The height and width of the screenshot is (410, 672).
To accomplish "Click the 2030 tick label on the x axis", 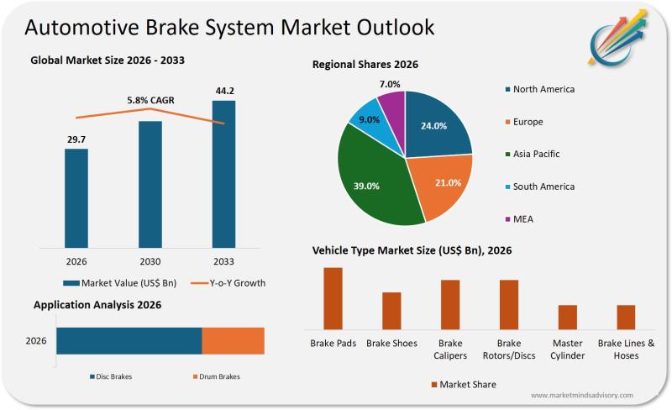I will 150,260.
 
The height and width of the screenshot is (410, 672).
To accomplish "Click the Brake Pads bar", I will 333,298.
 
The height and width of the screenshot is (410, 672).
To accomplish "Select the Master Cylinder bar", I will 568,317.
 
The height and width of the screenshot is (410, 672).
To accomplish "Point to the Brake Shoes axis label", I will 391,344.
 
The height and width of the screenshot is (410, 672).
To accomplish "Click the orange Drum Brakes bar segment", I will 233,341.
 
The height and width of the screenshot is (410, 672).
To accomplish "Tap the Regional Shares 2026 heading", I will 365,64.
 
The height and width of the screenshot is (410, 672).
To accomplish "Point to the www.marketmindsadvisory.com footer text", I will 582,395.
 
